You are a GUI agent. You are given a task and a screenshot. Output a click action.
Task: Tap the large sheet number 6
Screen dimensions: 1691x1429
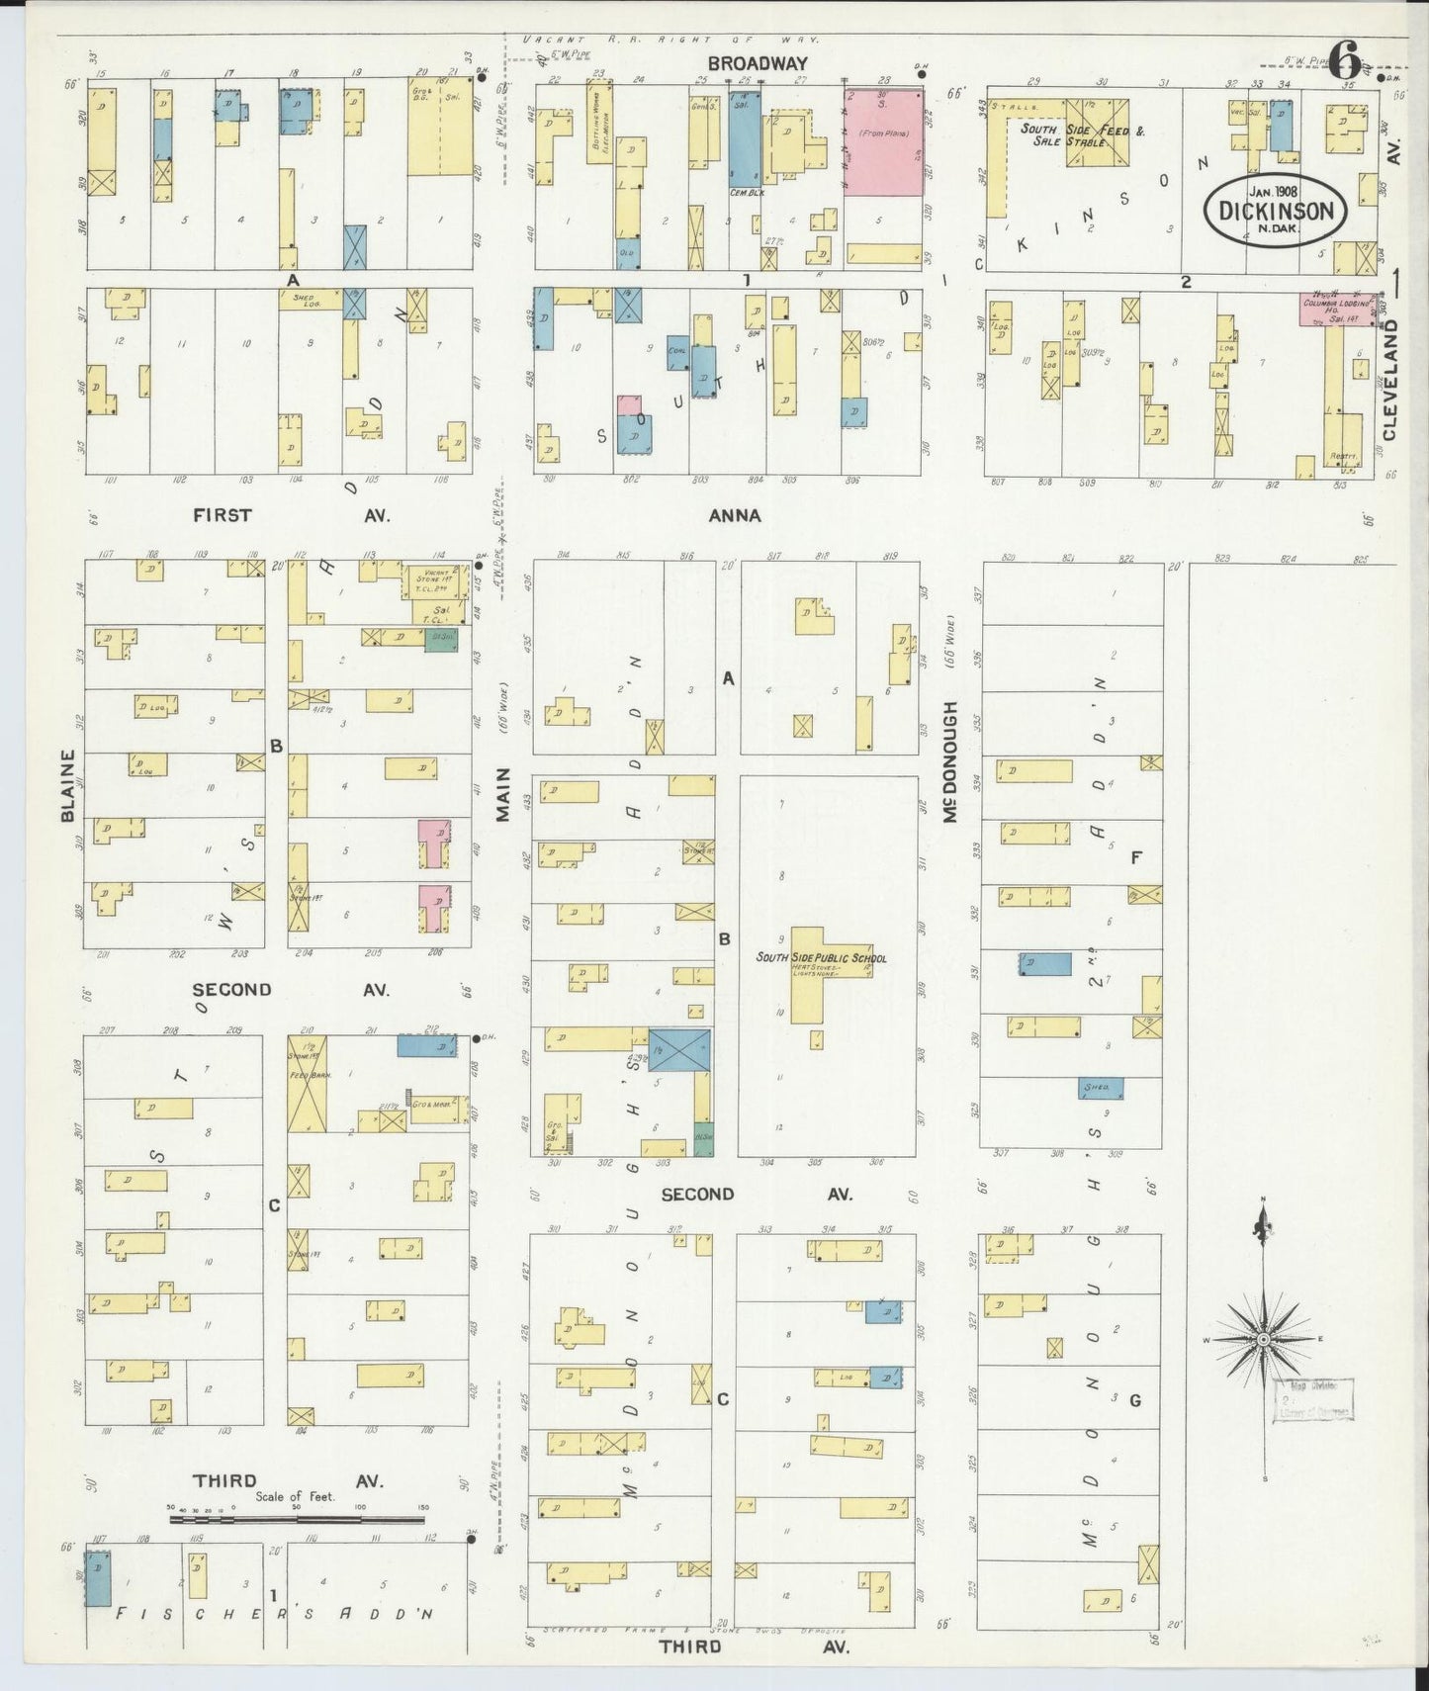click(1344, 61)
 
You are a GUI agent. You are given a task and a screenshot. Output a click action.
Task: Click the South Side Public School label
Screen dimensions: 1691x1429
click(821, 957)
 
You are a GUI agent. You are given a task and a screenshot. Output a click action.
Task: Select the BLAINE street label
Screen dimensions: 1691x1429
click(68, 785)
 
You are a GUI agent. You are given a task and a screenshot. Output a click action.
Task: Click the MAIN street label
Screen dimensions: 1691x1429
click(502, 794)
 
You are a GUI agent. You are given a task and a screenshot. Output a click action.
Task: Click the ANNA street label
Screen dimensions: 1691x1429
click(735, 515)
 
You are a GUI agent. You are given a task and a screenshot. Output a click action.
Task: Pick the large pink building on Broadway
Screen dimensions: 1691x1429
click(883, 141)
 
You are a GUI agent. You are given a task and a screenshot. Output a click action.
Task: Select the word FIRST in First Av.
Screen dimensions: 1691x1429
click(223, 515)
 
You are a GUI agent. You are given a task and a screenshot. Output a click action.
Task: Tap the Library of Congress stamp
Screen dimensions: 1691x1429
click(1313, 1399)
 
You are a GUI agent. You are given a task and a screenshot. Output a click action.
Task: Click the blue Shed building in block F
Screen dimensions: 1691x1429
click(1100, 1087)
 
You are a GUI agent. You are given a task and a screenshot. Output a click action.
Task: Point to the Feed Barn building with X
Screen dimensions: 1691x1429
click(307, 1084)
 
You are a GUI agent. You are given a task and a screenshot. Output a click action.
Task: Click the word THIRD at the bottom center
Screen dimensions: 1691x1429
click(692, 1646)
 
